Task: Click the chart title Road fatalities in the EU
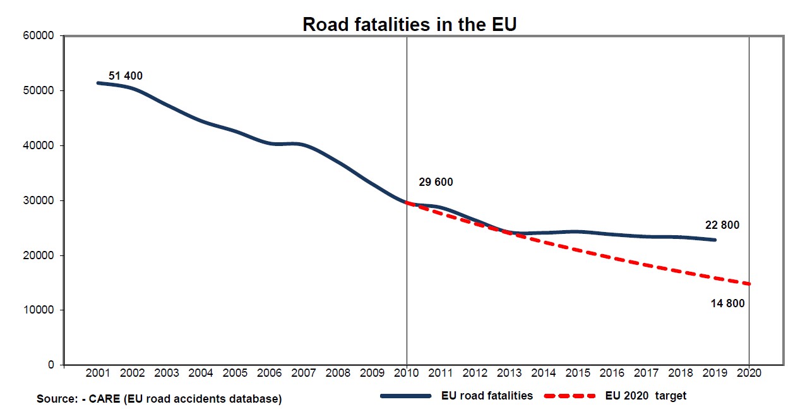pyautogui.click(x=410, y=24)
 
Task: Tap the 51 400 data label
pyautogui.click(x=126, y=76)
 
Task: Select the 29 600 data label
pyautogui.click(x=436, y=183)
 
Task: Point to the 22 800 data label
pyautogui.click(x=722, y=225)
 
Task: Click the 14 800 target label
pyautogui.click(x=727, y=303)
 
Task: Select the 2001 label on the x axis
pyautogui.click(x=98, y=373)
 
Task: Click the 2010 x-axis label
pyautogui.click(x=407, y=373)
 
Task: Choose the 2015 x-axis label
pyautogui.click(x=578, y=373)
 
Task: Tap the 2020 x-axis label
pyautogui.click(x=750, y=373)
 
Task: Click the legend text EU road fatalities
pyautogui.click(x=487, y=396)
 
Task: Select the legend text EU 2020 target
pyautogui.click(x=645, y=396)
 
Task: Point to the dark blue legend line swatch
pyautogui.click(x=405, y=396)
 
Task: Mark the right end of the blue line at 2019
pyautogui.click(x=715, y=240)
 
